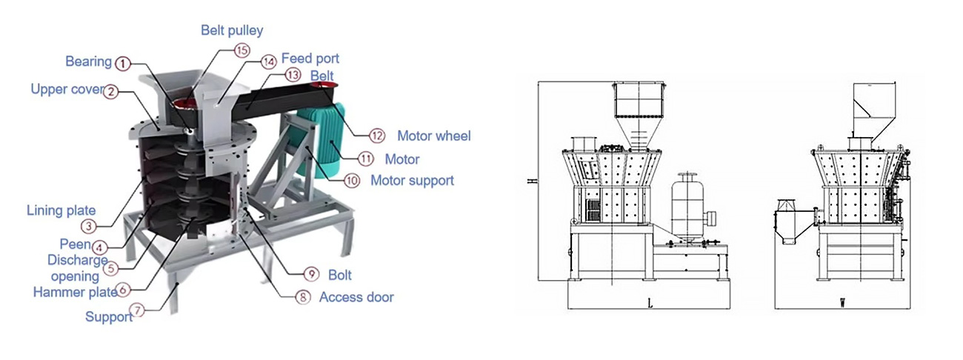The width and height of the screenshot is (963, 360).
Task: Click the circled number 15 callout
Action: click(242, 50)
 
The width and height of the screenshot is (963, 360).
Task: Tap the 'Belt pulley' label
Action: click(232, 30)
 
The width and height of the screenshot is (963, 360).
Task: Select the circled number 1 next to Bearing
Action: click(123, 64)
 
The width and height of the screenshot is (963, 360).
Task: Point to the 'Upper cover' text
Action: click(67, 89)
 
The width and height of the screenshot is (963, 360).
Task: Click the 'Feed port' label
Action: click(310, 58)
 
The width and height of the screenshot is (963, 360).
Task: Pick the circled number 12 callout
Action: click(377, 136)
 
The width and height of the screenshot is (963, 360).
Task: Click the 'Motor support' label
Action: click(412, 180)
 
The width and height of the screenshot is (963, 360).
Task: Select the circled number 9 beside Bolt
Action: click(311, 274)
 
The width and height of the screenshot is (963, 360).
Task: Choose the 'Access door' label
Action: click(356, 297)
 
